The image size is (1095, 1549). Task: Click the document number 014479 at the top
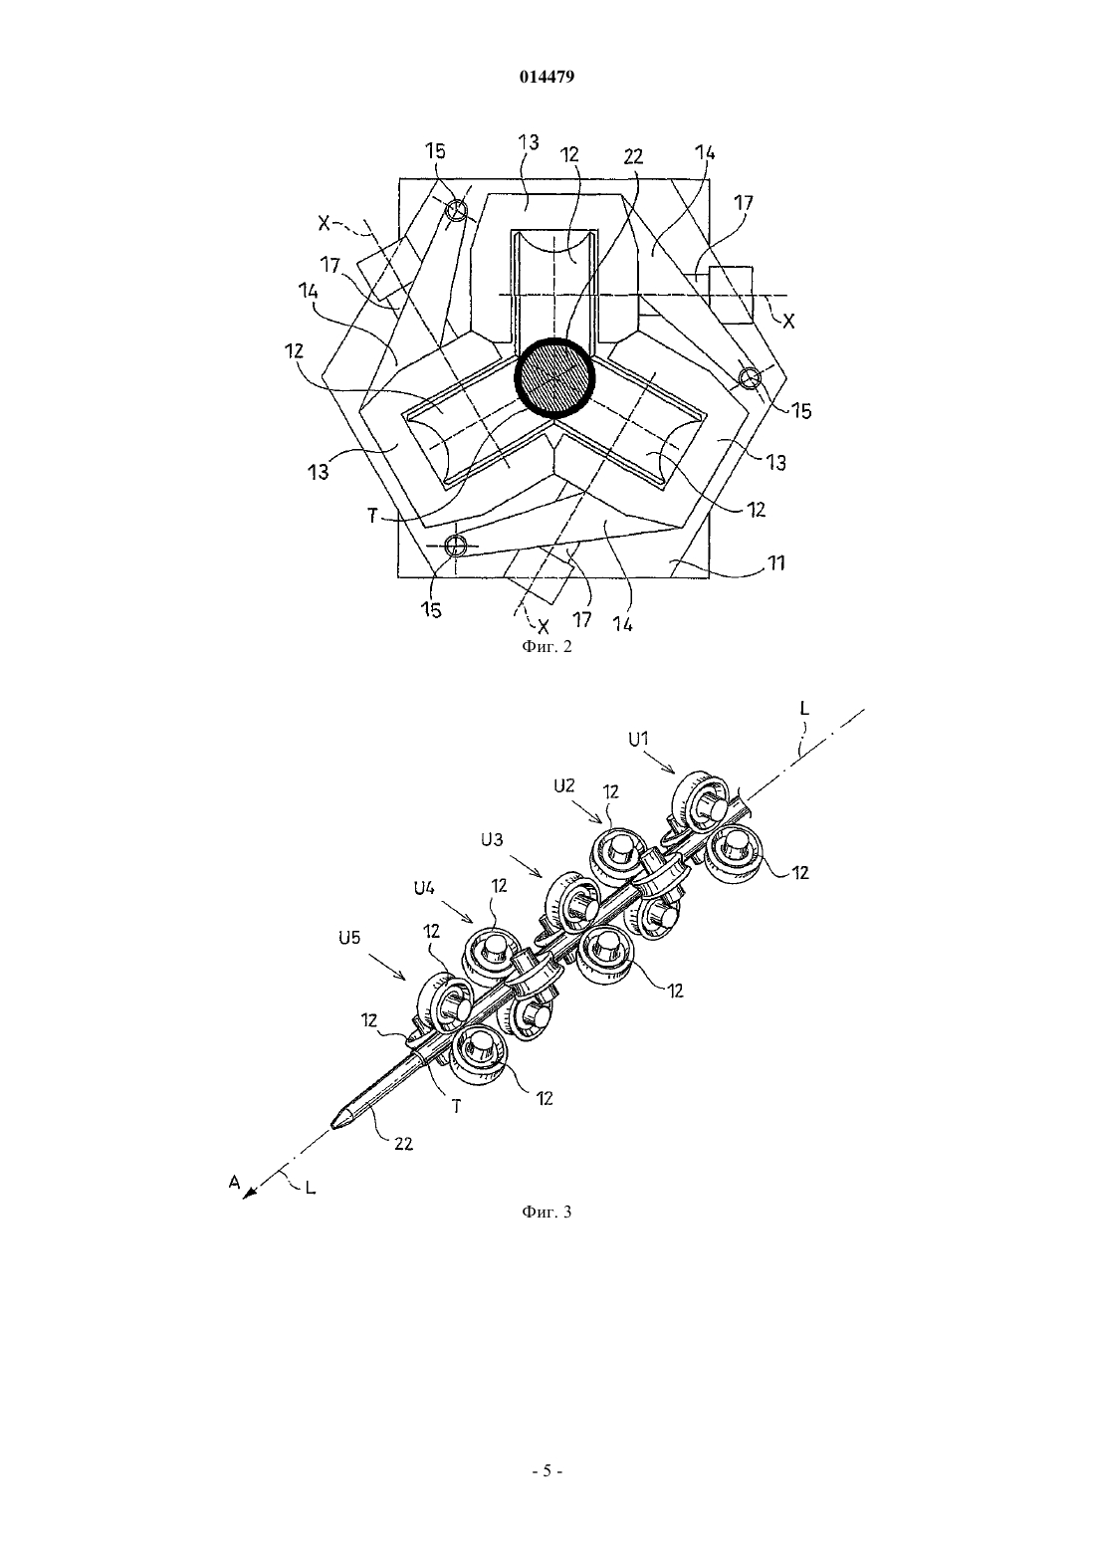[547, 77]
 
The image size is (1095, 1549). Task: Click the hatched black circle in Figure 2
[554, 377]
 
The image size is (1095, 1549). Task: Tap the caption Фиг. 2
[547, 646]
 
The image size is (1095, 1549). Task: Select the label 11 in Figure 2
[776, 562]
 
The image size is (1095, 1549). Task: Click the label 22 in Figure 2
[633, 157]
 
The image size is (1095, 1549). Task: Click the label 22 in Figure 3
[404, 1144]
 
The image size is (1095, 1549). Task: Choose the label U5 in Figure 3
[349, 939]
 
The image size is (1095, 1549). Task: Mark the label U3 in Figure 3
[492, 840]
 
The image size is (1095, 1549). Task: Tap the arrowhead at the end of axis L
[249, 1195]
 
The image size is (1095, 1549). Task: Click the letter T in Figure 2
[372, 516]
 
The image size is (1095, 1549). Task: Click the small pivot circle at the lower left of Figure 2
[454, 546]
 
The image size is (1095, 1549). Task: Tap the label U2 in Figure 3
[564, 786]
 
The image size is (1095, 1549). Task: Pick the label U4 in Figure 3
[424, 888]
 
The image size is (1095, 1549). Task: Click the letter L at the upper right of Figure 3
[804, 708]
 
